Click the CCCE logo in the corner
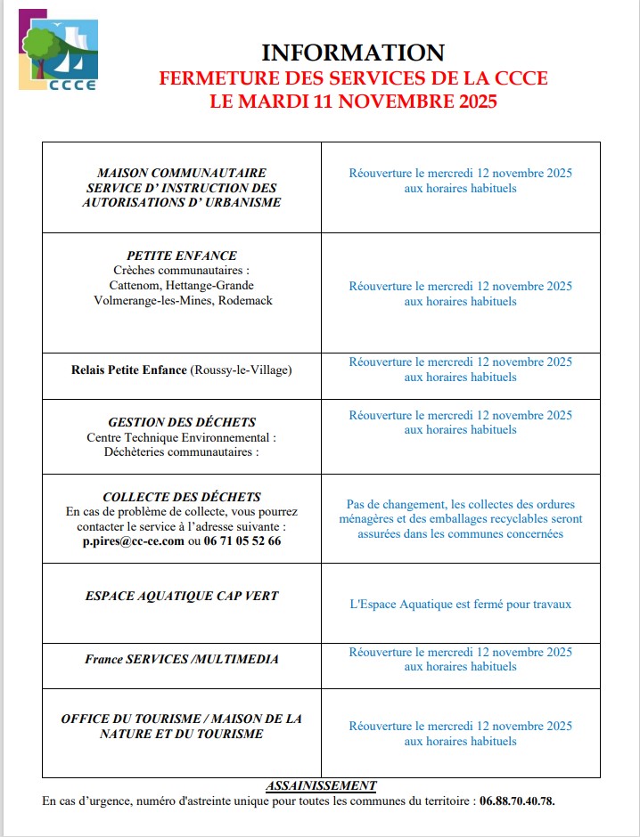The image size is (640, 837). pos(59,55)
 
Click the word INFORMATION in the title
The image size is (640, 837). pos(353,53)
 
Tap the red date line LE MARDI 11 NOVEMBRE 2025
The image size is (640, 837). pos(353,102)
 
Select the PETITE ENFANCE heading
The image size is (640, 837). pos(182,256)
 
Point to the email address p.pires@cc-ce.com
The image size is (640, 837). pos(133,540)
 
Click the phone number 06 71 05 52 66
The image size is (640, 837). pos(242,540)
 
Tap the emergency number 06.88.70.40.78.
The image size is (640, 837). pos(517,800)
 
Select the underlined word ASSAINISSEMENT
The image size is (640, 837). pos(321,785)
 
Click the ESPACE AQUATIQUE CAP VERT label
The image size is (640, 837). pos(182,597)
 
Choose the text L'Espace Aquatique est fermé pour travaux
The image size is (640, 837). pos(460,604)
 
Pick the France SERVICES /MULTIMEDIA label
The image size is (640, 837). pos(182,659)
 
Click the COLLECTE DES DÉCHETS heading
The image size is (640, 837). pos(182,497)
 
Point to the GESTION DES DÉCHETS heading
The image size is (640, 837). pos(182,422)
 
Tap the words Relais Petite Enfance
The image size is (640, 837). pos(129,370)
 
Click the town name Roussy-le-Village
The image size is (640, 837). pos(241,370)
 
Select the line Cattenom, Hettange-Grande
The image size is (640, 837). pos(182,285)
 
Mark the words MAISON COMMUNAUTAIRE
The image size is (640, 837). pos(182,173)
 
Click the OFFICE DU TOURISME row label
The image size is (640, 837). pos(182,726)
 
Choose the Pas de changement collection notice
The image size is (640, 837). pos(460,518)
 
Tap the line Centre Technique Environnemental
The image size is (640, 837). pos(182,437)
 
